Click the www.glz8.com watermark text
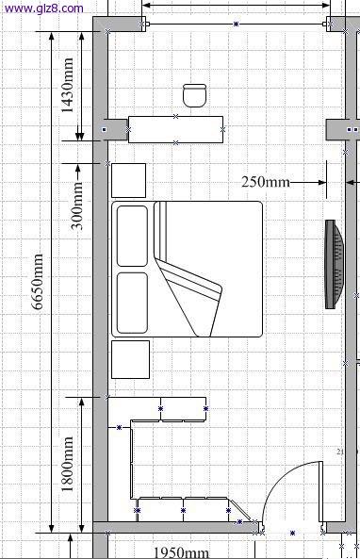click(43, 8)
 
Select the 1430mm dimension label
click(67, 85)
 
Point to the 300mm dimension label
click(76, 206)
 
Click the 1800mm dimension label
click(67, 464)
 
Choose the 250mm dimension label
click(266, 182)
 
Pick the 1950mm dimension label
click(181, 552)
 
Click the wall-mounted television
click(335, 264)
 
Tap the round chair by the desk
click(195, 95)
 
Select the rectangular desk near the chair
click(175, 129)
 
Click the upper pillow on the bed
click(132, 236)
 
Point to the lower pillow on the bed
click(132, 303)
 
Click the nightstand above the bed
click(129, 180)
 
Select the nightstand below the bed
click(130, 359)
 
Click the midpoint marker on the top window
click(236, 25)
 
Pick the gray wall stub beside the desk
click(116, 129)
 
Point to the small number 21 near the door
click(340, 452)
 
